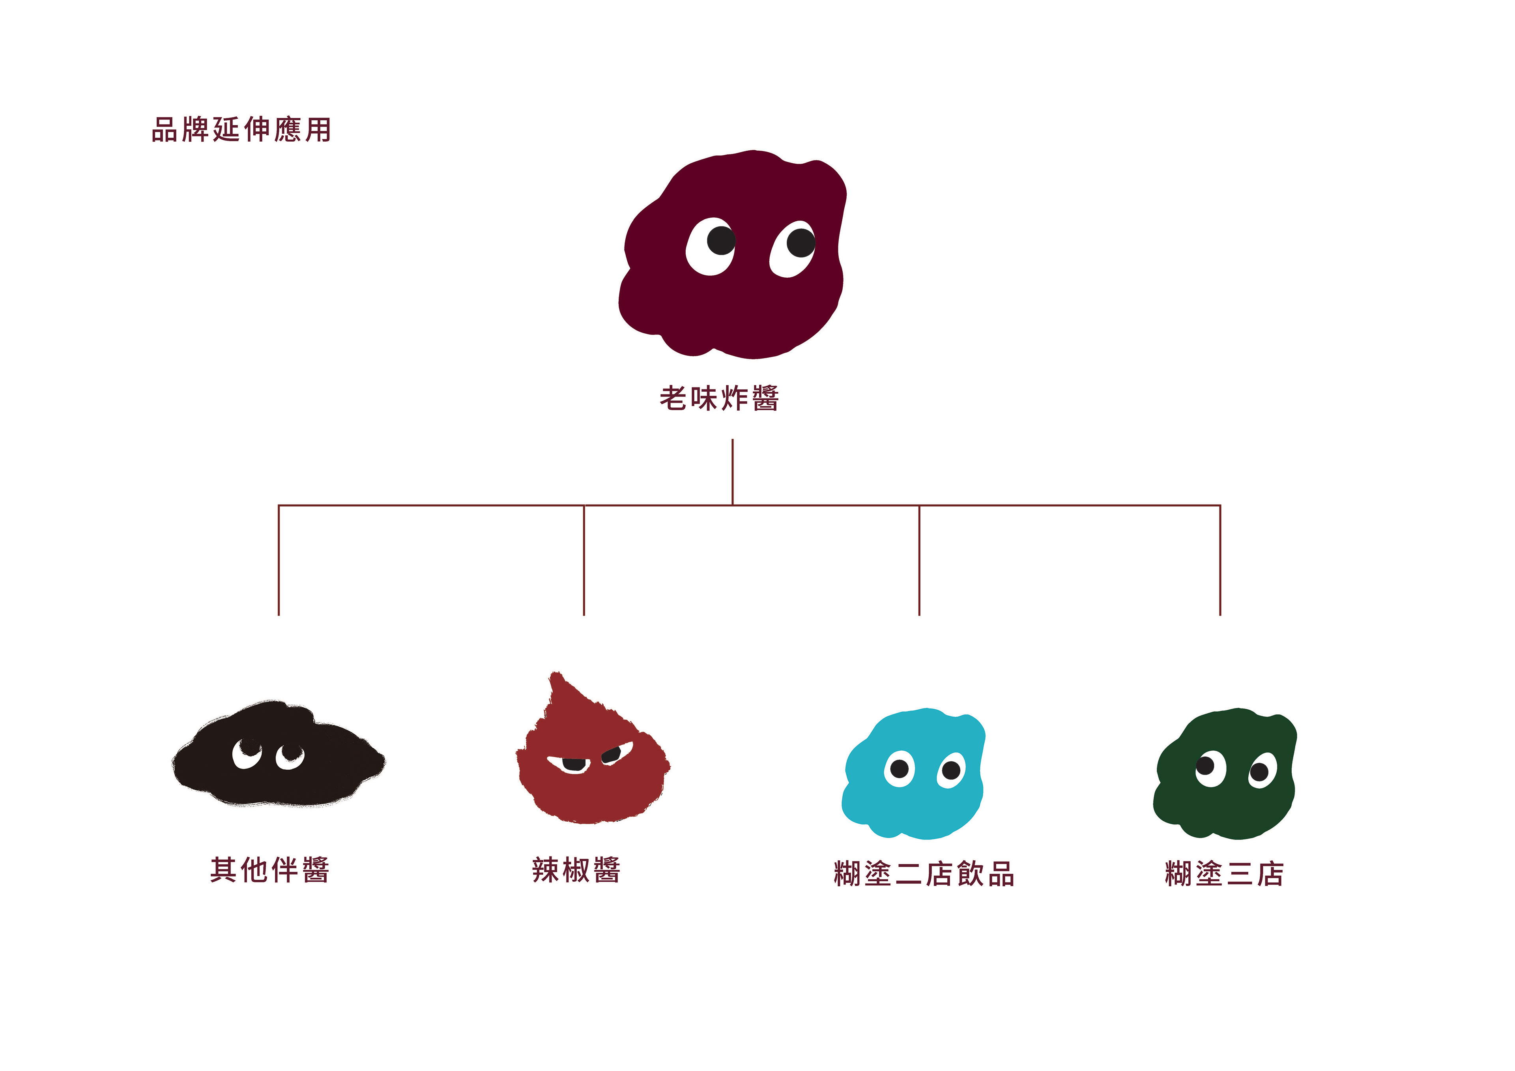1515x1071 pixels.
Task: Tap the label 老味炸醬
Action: point(719,398)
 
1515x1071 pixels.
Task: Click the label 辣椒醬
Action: point(576,870)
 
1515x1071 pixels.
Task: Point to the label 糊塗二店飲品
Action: point(924,874)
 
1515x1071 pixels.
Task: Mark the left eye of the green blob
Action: point(1210,768)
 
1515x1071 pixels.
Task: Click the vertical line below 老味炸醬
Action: point(732,472)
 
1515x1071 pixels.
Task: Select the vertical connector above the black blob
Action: point(279,561)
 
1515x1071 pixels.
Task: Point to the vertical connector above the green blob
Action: point(1220,561)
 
